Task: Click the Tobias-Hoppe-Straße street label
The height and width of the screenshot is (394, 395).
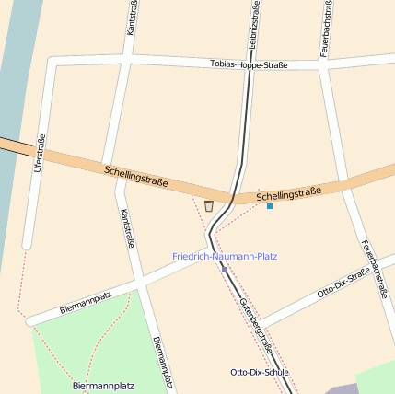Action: (249, 65)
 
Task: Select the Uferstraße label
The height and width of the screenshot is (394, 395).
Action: (40, 154)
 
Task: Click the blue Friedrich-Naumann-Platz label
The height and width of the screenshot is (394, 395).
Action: (225, 256)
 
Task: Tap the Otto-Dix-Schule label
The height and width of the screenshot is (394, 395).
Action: (259, 372)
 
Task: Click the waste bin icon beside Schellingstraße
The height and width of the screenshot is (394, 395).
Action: (209, 206)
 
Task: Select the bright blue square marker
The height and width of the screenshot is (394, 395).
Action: (270, 206)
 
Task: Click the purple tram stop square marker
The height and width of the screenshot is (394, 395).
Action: (224, 269)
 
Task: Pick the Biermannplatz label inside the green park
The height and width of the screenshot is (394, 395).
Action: (103, 386)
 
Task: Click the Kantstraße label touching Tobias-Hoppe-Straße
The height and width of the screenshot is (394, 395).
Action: (131, 18)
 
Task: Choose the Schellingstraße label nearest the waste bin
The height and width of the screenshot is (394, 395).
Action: (136, 176)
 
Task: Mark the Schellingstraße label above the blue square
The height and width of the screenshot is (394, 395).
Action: (289, 194)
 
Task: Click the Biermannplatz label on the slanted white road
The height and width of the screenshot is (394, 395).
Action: (86, 303)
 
